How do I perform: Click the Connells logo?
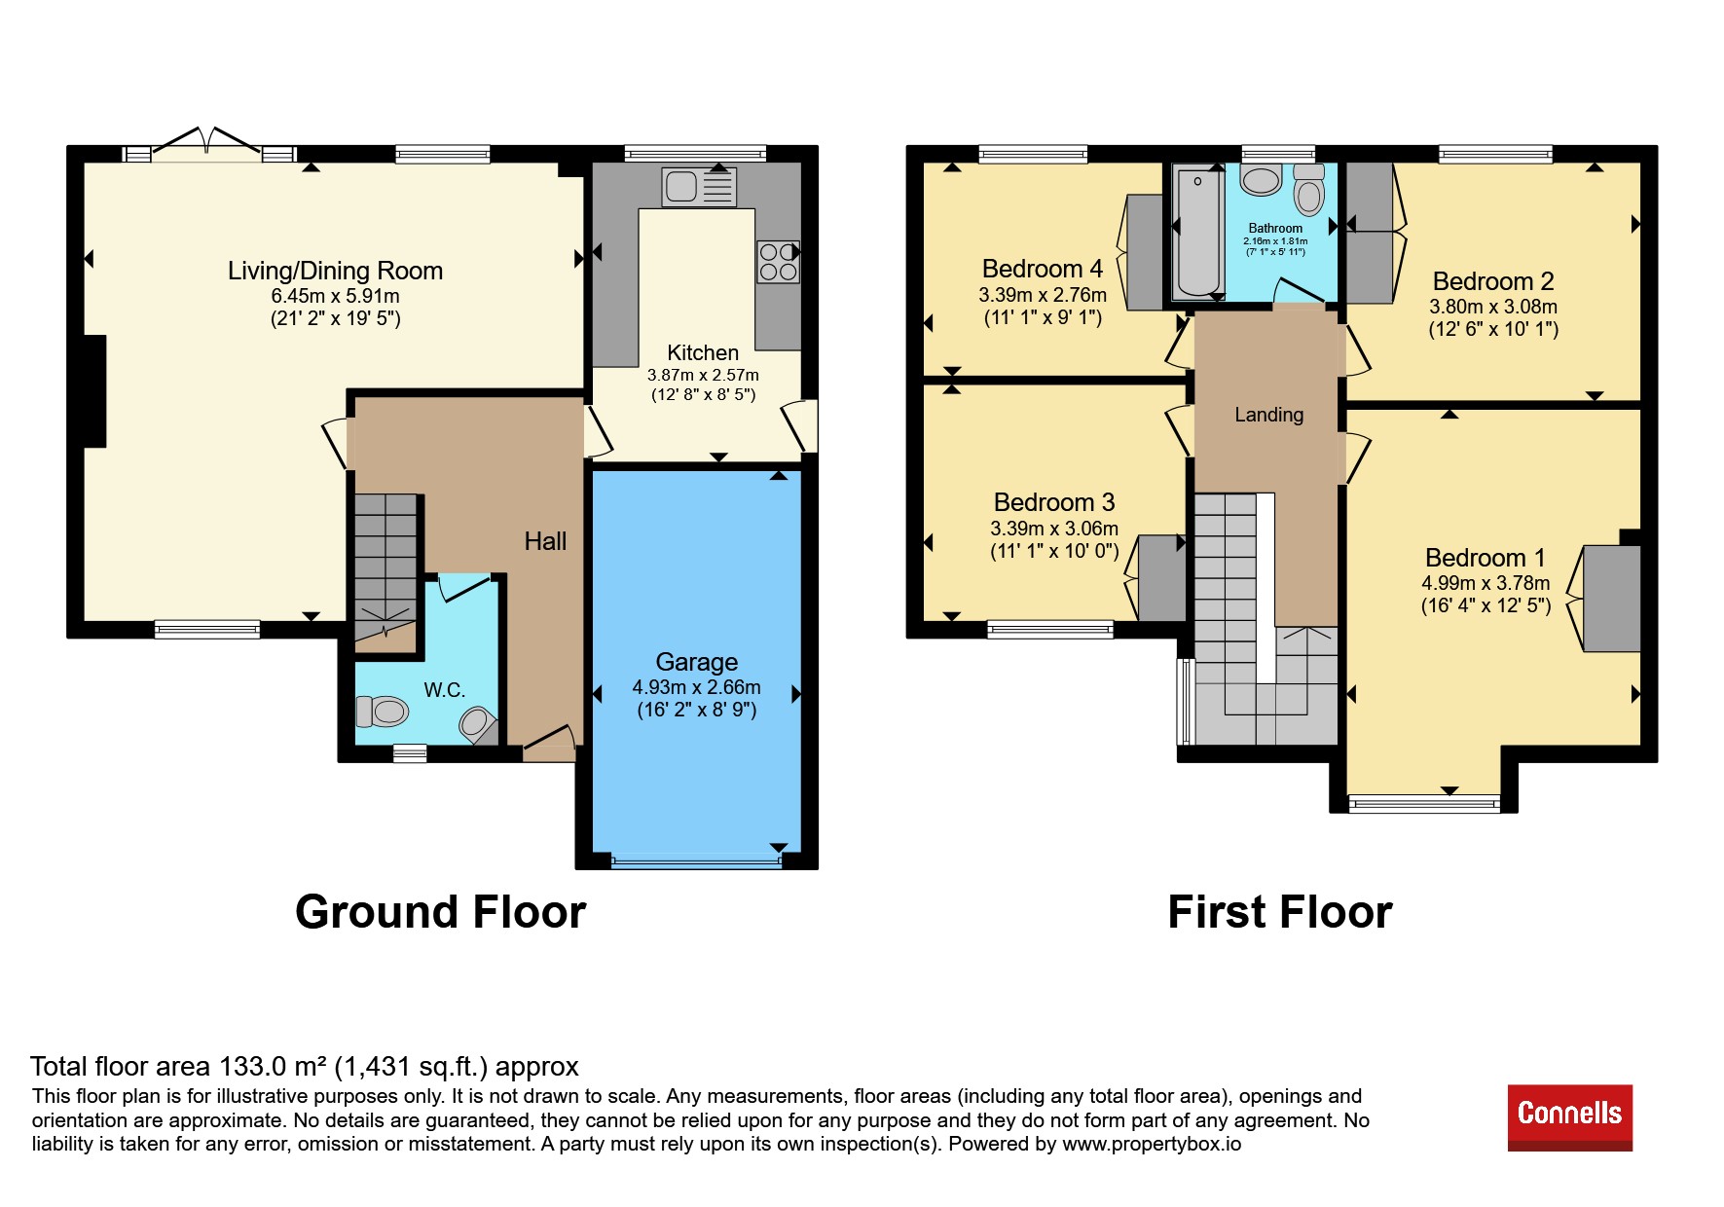point(1569,1117)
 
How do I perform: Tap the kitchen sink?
point(699,187)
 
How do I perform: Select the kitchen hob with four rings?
point(778,262)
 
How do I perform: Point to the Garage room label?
point(697,662)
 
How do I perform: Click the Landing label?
point(1268,415)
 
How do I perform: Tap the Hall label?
point(545,541)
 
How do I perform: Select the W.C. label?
point(444,690)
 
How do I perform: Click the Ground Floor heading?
point(440,912)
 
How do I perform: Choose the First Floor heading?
point(1280,912)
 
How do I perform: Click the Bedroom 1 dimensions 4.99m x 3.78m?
point(1486,583)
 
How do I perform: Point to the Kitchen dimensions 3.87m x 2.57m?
point(703,375)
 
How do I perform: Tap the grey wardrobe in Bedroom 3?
point(1162,578)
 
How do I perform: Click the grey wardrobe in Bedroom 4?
point(1145,252)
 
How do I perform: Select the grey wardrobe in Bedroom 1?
point(1612,598)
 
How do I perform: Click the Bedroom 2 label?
point(1493,281)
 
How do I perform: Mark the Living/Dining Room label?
point(335,271)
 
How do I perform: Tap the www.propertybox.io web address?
point(1152,1144)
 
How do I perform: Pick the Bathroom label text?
point(1275,228)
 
